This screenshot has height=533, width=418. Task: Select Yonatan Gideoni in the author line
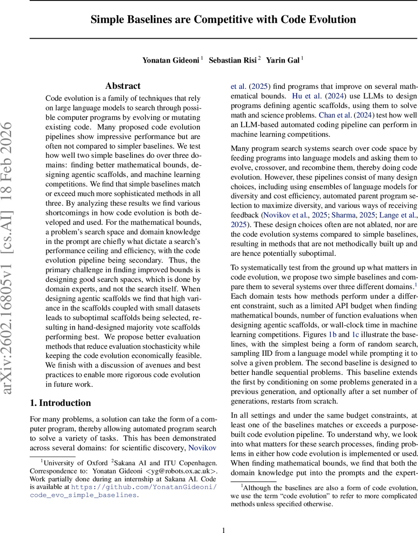171,60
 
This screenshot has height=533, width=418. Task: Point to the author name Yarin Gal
283,60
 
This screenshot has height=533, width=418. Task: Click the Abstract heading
123,86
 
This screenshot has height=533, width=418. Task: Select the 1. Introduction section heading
60,403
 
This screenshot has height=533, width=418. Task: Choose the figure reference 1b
332,334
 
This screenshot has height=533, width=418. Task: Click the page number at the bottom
224,529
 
